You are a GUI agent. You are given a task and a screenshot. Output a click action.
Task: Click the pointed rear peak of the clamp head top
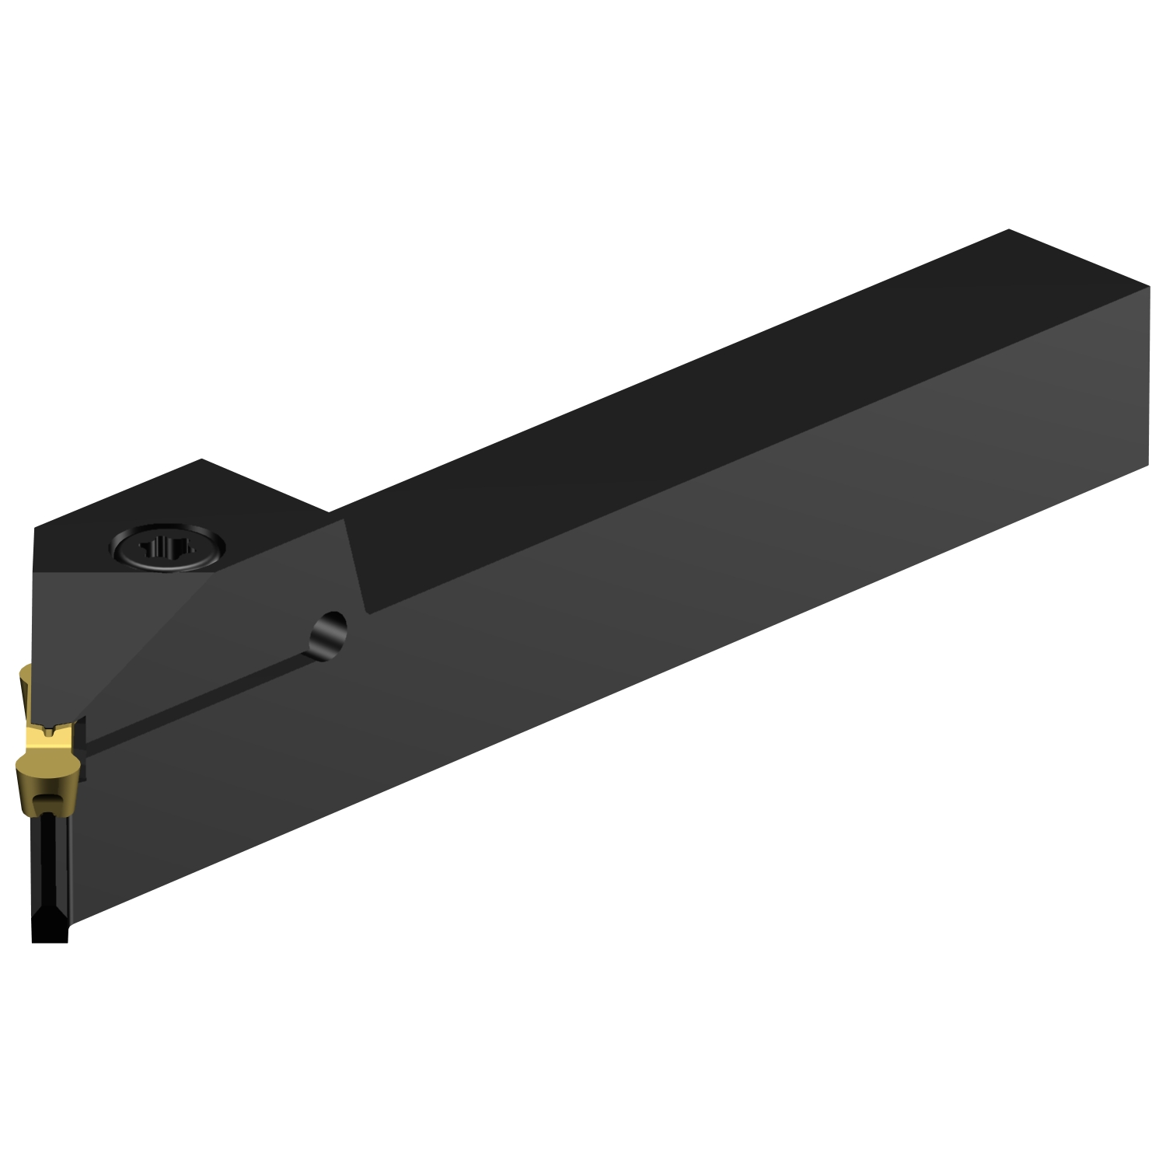pos(202,459)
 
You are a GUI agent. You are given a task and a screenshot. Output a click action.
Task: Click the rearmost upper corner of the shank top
pos(1008,230)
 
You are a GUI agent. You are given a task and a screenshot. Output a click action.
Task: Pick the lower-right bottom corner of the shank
pos(1147,466)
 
